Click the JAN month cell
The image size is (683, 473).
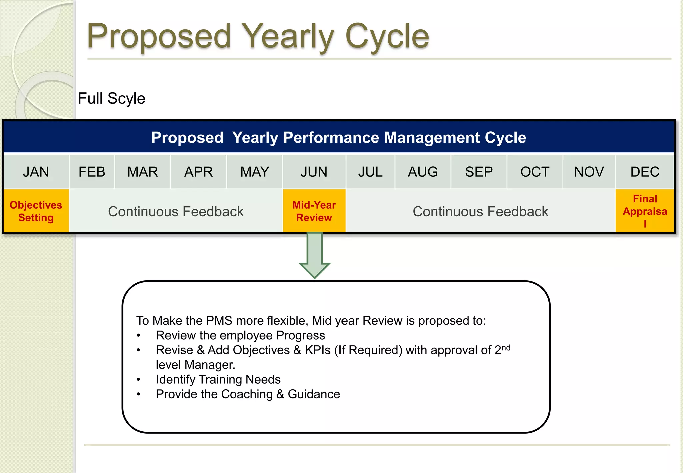click(36, 172)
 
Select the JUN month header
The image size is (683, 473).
click(314, 172)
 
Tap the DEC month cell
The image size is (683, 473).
click(645, 172)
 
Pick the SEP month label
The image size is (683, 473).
click(479, 172)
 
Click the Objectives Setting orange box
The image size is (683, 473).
click(36, 211)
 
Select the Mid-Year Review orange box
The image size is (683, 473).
click(314, 211)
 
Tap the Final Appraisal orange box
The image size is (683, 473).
click(645, 211)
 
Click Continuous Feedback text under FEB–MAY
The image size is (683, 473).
click(176, 212)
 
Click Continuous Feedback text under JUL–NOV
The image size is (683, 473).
click(480, 212)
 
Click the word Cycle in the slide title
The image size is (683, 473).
click(387, 37)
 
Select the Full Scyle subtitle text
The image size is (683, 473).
click(111, 99)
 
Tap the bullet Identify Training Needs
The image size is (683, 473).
click(218, 380)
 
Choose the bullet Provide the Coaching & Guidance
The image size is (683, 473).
click(248, 394)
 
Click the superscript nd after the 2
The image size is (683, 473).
click(506, 348)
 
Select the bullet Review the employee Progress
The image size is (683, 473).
click(240, 335)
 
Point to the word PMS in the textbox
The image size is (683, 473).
click(219, 321)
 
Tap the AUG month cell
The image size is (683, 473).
click(423, 172)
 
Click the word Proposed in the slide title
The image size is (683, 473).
click(159, 37)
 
